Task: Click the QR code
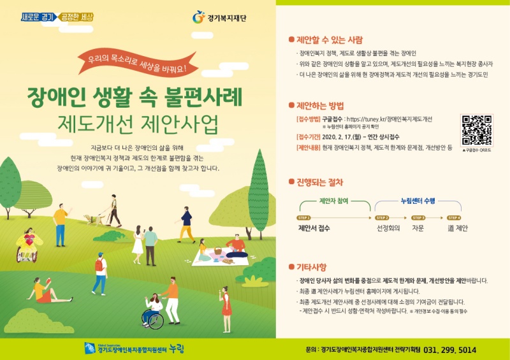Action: pyautogui.click(x=476, y=130)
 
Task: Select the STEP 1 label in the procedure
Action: pyautogui.click(x=303, y=217)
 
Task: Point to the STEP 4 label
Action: pyautogui.click(x=453, y=217)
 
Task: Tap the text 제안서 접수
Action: pyautogui.click(x=314, y=227)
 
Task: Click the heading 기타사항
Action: pyautogui.click(x=312, y=267)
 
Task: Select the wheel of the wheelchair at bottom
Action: pyautogui.click(x=152, y=320)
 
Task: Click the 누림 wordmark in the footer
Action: pyautogui.click(x=175, y=349)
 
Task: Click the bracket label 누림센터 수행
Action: pyautogui.click(x=418, y=200)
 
